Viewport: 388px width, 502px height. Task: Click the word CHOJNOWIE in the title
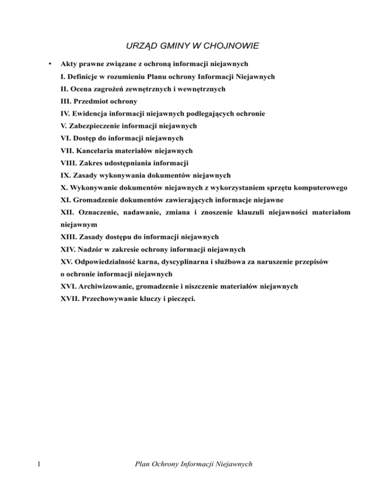tap(233, 46)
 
